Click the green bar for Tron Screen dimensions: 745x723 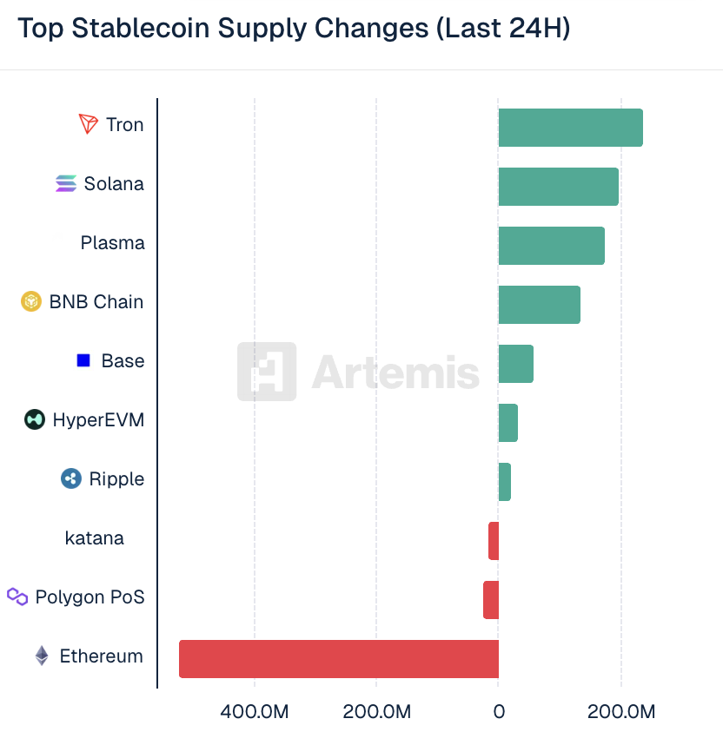click(x=570, y=128)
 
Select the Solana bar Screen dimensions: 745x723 click(x=558, y=187)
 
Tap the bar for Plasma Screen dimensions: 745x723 click(x=551, y=246)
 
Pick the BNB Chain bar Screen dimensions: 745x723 click(x=539, y=305)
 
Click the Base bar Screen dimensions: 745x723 click(x=515, y=364)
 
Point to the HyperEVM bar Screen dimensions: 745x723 click(x=507, y=423)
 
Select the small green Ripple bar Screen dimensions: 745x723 click(x=504, y=482)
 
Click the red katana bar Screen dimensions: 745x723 click(x=494, y=541)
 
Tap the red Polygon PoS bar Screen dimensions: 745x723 click(x=491, y=600)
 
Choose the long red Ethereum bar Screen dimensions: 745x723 click(x=339, y=659)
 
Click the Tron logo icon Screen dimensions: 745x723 click(x=89, y=124)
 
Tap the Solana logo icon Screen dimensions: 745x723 click(x=66, y=183)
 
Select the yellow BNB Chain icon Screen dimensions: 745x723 click(x=31, y=301)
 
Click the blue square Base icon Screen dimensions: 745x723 click(x=83, y=360)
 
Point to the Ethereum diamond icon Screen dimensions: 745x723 click(x=42, y=656)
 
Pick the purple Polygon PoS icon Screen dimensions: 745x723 click(x=17, y=597)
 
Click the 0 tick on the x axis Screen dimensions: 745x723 click(x=499, y=712)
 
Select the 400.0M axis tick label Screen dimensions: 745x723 click(x=255, y=712)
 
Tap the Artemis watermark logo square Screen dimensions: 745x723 click(x=267, y=372)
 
